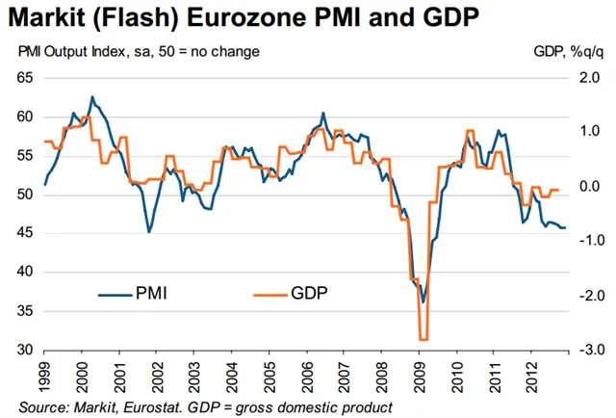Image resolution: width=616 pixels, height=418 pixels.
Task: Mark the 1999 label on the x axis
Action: pyautogui.click(x=46, y=374)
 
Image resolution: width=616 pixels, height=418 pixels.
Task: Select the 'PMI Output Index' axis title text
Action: pyautogui.click(x=73, y=50)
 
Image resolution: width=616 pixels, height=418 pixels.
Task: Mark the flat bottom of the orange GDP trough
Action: pyautogui.click(x=423, y=339)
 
